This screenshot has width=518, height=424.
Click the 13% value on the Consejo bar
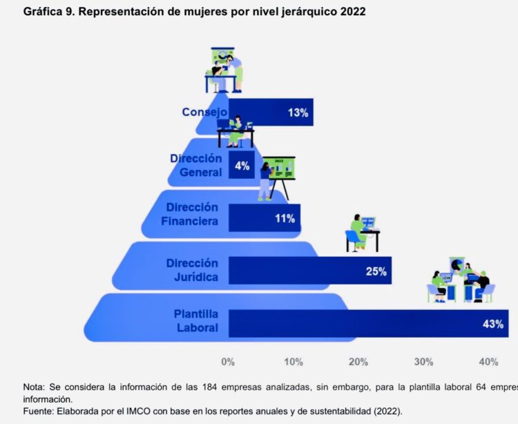(298, 113)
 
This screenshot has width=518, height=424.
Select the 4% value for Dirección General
(242, 166)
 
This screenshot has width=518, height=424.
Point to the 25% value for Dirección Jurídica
(376, 271)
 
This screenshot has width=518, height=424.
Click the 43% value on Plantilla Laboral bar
(493, 324)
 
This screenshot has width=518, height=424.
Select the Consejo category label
(204, 112)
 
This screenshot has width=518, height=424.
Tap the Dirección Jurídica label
(191, 270)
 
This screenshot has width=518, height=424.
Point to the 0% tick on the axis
(228, 362)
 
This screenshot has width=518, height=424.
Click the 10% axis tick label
(293, 362)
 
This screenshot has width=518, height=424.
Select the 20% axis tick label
(358, 362)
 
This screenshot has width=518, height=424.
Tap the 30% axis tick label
(423, 362)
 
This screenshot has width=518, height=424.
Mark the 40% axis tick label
(488, 362)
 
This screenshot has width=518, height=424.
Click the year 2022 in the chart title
(353, 12)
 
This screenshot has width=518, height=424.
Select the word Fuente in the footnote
(39, 409)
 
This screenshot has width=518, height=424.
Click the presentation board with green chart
(282, 168)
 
